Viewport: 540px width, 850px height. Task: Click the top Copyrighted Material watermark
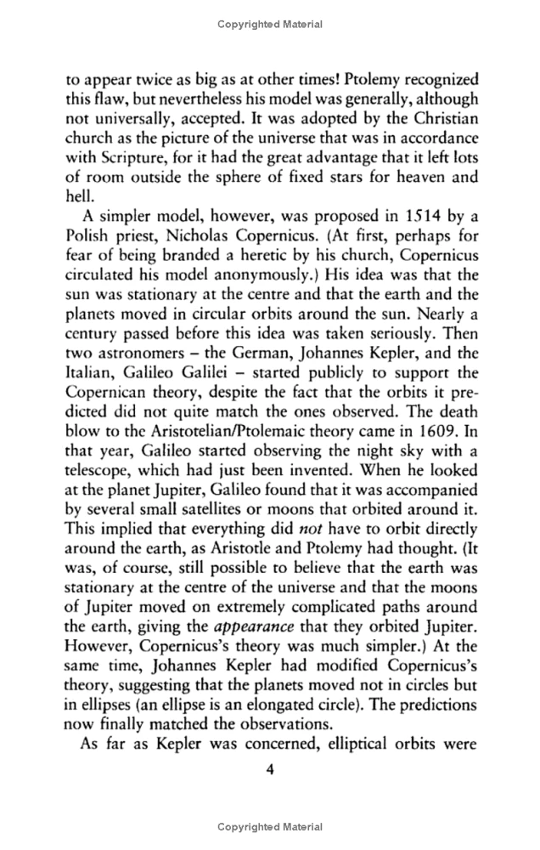pyautogui.click(x=269, y=25)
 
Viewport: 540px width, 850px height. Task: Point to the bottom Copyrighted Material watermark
pyautogui.click(x=269, y=826)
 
